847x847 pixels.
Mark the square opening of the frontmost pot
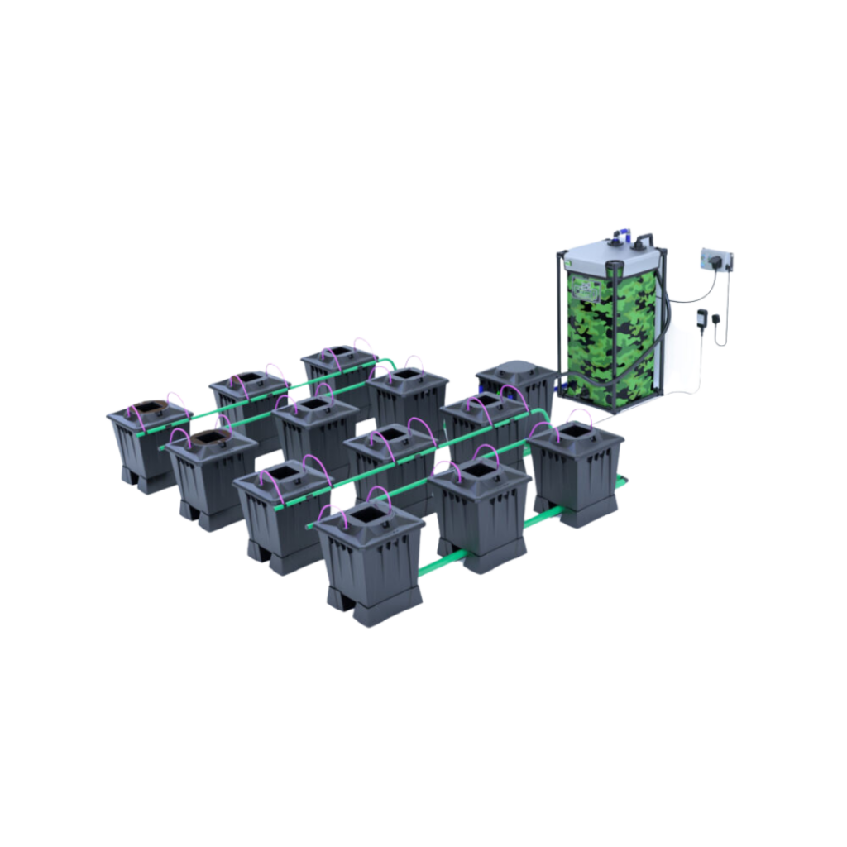[364, 519]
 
